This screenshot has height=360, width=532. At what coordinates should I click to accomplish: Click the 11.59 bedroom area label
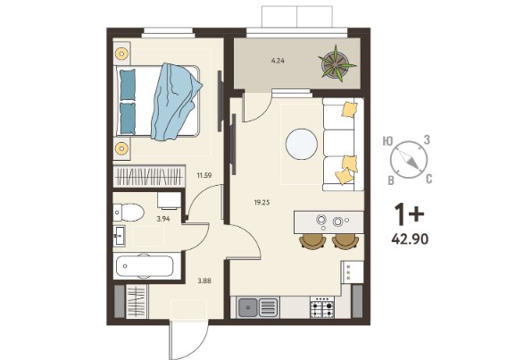(x=204, y=176)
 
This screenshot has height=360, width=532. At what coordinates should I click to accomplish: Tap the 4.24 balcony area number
(x=278, y=61)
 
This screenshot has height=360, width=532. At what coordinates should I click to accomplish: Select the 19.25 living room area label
(x=262, y=203)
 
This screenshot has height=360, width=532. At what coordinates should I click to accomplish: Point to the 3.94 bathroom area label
(x=163, y=219)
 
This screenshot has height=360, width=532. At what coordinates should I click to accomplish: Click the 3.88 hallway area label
(x=204, y=280)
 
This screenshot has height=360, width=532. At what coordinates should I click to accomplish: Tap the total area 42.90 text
(x=410, y=239)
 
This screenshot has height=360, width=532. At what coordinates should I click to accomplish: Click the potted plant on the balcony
(x=337, y=63)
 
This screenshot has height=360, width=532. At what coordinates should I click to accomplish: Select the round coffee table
(x=302, y=145)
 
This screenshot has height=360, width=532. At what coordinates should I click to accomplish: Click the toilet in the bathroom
(x=129, y=213)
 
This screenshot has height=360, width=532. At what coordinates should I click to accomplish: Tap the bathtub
(x=145, y=266)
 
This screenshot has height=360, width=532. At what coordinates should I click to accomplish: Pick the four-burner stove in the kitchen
(x=322, y=307)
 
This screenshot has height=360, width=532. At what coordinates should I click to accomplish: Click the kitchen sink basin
(x=248, y=307)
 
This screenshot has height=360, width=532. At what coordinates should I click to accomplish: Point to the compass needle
(x=410, y=160)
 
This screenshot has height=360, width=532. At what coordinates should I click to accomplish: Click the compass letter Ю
(x=387, y=141)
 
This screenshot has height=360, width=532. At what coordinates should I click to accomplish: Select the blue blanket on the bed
(x=176, y=102)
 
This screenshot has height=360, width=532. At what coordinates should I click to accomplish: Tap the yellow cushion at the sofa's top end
(x=350, y=110)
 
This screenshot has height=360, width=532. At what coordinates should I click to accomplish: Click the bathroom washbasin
(x=119, y=235)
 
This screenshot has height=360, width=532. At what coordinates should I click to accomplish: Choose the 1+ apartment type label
(x=409, y=215)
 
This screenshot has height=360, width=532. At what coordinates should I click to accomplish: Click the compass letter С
(x=428, y=179)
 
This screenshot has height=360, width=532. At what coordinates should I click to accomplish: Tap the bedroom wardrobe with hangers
(x=149, y=176)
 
